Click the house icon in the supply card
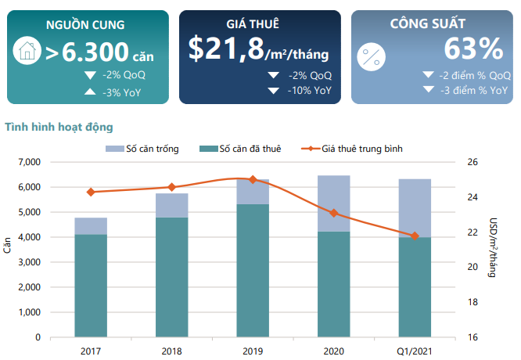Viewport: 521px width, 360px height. click(x=27, y=52)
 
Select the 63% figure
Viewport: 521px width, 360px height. click(x=472, y=49)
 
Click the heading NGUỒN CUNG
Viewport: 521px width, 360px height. click(x=84, y=25)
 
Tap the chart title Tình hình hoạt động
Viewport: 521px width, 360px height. click(x=59, y=126)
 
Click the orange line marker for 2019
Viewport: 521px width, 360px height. click(x=252, y=179)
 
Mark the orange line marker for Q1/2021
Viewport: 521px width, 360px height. click(x=415, y=236)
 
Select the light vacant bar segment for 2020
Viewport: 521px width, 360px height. click(x=333, y=203)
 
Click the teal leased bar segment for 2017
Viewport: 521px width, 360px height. click(x=91, y=286)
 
